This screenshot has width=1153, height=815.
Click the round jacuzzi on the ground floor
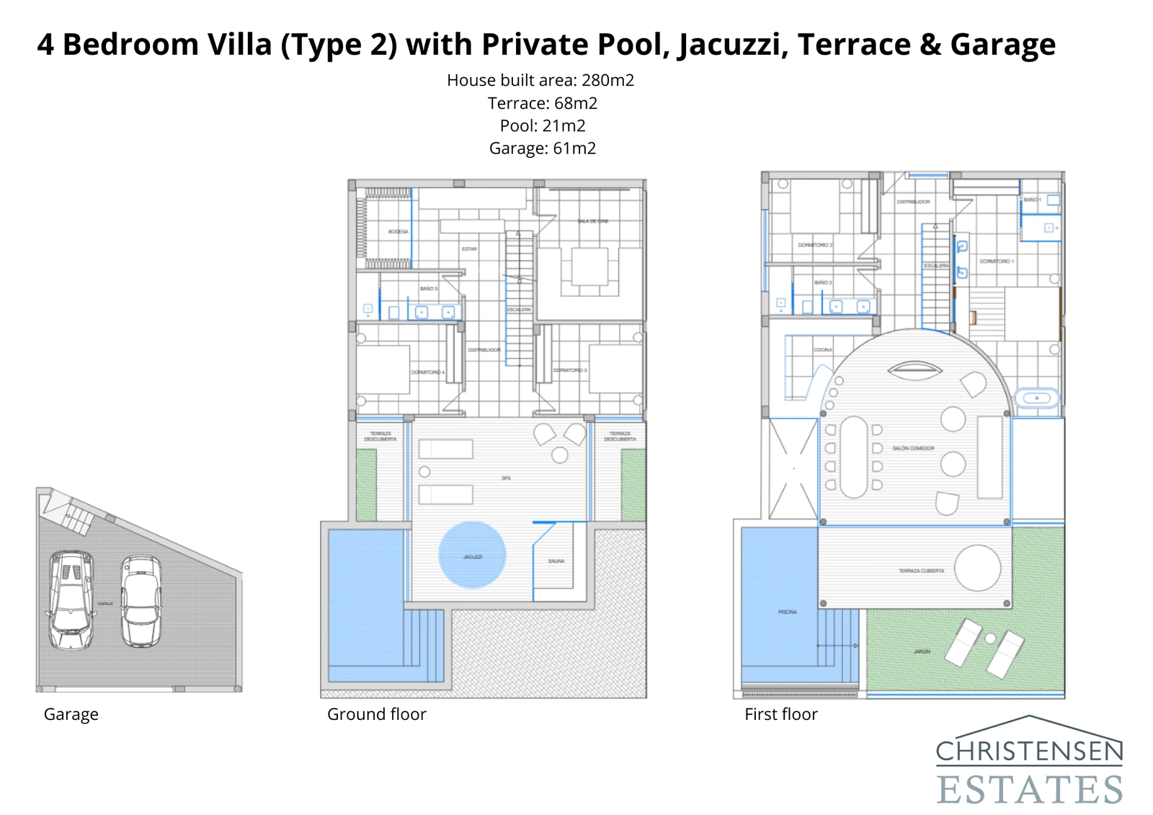(x=472, y=555)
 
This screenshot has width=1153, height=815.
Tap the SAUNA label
(x=556, y=561)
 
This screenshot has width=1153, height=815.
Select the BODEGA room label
(x=398, y=232)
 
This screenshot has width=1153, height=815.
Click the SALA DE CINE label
(x=592, y=221)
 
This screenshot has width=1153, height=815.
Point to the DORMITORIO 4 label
(x=427, y=373)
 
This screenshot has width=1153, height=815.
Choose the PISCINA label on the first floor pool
(x=787, y=612)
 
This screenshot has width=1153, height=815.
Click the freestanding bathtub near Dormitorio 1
(x=1037, y=398)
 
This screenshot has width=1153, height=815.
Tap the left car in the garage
(x=71, y=600)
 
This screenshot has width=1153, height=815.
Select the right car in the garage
(x=141, y=600)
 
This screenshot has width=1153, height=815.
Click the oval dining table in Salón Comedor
(x=854, y=457)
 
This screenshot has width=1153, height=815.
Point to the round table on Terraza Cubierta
(x=978, y=568)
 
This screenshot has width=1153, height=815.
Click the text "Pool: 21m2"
(x=542, y=126)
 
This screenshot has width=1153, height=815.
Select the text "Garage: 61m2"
(x=542, y=148)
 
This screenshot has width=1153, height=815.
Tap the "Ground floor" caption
(x=376, y=714)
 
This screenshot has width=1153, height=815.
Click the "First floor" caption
(x=780, y=714)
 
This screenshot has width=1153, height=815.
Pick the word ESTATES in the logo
(x=1030, y=790)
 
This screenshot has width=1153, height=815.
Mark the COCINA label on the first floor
(x=823, y=349)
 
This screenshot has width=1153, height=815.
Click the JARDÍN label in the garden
(x=922, y=651)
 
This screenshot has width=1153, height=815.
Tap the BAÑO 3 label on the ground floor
(x=429, y=289)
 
